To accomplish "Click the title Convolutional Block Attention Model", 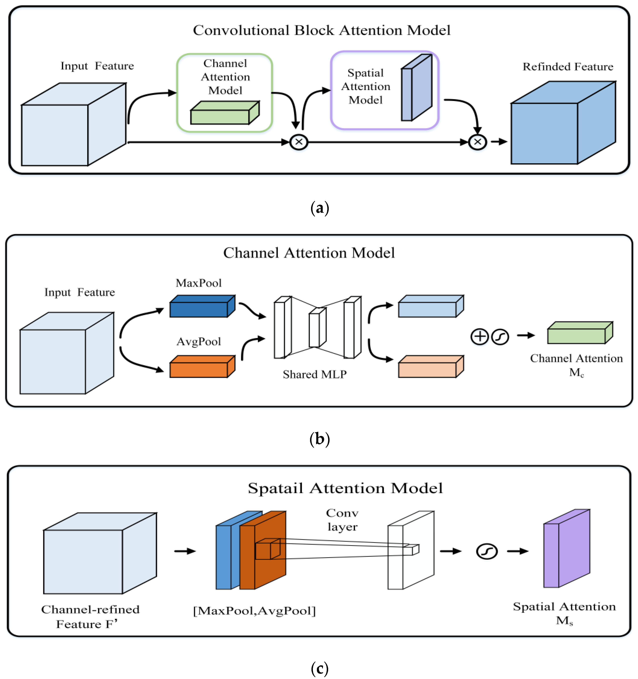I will [x=322, y=30].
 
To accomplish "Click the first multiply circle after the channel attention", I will [x=299, y=142].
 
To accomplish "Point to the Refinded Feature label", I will [x=568, y=67].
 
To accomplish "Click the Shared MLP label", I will [x=314, y=375].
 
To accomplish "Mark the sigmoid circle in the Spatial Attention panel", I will [x=486, y=551].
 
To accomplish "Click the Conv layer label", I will [x=342, y=520].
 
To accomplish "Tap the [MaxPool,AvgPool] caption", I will [x=254, y=611].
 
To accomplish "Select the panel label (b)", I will [x=320, y=439].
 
